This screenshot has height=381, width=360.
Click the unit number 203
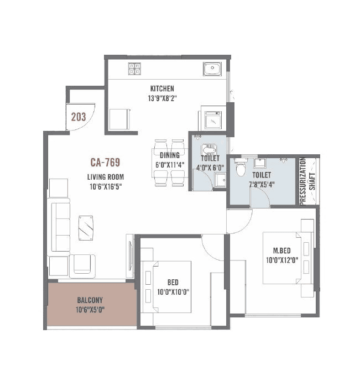[x=79, y=117]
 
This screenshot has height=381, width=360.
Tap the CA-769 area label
[x=105, y=163]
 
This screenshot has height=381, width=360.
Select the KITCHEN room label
[x=162, y=88]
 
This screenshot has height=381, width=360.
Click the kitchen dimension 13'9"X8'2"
[x=162, y=98]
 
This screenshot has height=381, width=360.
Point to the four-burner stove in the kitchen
[x=134, y=69]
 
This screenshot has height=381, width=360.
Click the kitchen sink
[x=212, y=69]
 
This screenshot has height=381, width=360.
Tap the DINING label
[x=170, y=155]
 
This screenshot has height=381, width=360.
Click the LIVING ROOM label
[x=105, y=177]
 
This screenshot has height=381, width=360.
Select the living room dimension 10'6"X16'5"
[x=105, y=186]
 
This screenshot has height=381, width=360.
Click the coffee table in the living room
[x=86, y=227]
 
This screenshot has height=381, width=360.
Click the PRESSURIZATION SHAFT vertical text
[x=307, y=182]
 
